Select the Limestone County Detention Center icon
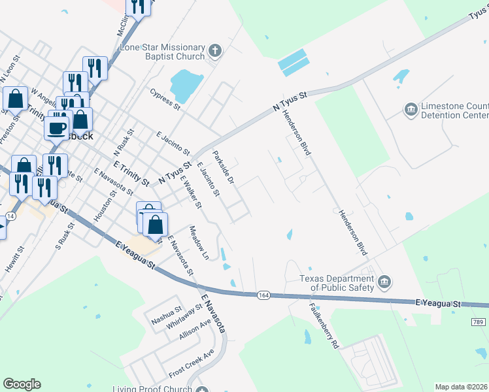pos(411,109)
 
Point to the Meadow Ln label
pos(198,243)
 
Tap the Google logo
pos(22,384)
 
